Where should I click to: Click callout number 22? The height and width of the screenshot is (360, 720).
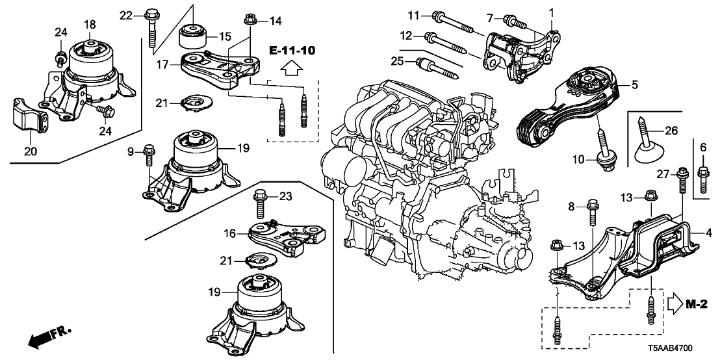click(127, 14)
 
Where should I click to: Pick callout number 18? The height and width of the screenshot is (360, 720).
click(90, 25)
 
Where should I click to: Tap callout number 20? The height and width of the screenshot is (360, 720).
click(30, 151)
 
